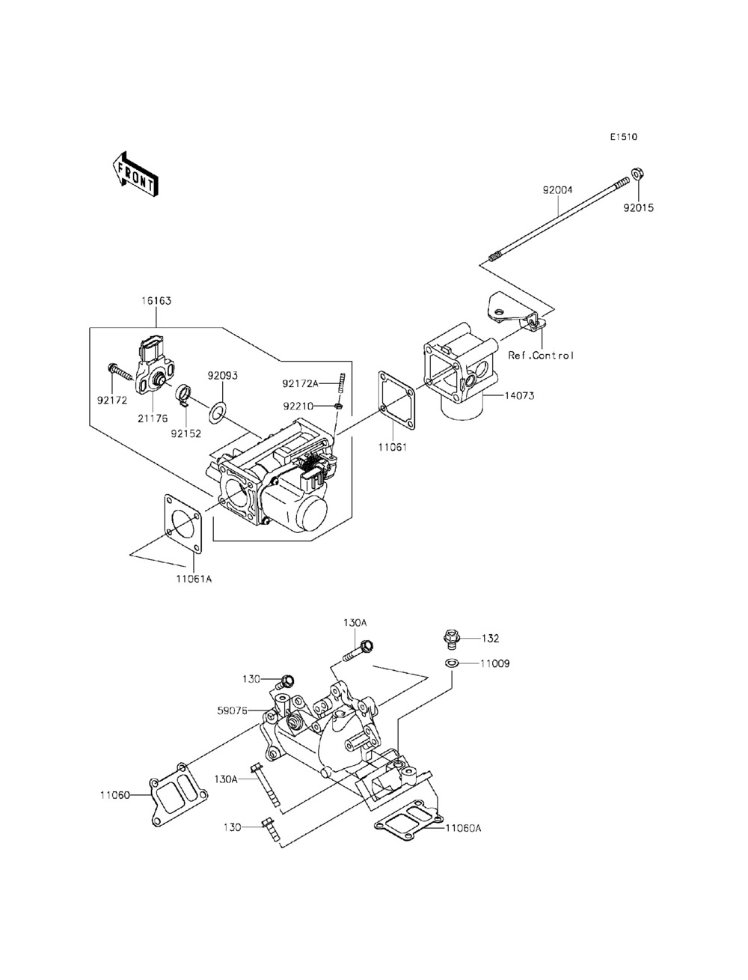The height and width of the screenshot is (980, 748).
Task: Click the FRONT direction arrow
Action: click(135, 174)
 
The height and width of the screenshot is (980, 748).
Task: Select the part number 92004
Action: click(557, 190)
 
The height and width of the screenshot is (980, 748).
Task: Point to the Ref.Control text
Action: click(540, 356)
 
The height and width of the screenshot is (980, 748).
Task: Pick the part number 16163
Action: click(156, 301)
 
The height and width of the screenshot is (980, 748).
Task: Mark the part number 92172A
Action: click(300, 383)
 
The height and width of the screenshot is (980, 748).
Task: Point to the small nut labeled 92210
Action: click(339, 406)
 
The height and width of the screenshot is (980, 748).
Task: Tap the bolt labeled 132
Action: click(450, 639)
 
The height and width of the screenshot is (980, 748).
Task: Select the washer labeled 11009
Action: click(452, 663)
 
